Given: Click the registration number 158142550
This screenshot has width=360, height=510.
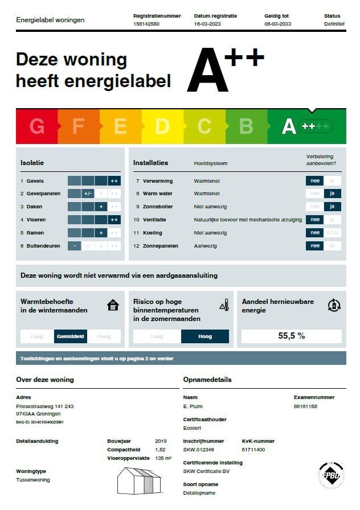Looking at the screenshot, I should (146, 24).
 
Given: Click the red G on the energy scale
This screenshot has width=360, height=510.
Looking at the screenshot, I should (37, 126).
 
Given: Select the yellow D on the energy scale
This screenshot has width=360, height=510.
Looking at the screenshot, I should (162, 126).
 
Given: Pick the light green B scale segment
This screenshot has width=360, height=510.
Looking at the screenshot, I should (246, 126).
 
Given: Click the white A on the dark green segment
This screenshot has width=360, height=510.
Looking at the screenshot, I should (289, 126).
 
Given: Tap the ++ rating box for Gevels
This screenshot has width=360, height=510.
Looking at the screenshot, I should (114, 181).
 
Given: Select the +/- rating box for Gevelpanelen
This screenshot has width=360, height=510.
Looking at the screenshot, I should (88, 194).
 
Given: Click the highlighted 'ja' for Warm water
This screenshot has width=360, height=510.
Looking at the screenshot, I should (334, 194).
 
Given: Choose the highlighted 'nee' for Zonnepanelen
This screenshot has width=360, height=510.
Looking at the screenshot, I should (314, 246).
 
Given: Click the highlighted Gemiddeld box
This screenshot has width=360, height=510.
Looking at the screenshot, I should (71, 336).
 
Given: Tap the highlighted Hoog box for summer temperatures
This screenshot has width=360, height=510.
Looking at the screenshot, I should (204, 336).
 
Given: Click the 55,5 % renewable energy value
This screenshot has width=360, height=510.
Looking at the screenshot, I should (292, 336).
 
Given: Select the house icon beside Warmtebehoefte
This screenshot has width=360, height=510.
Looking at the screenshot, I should (113, 306).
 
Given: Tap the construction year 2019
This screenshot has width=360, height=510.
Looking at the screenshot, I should (161, 441).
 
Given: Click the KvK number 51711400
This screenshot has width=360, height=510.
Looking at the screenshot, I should (253, 450).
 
